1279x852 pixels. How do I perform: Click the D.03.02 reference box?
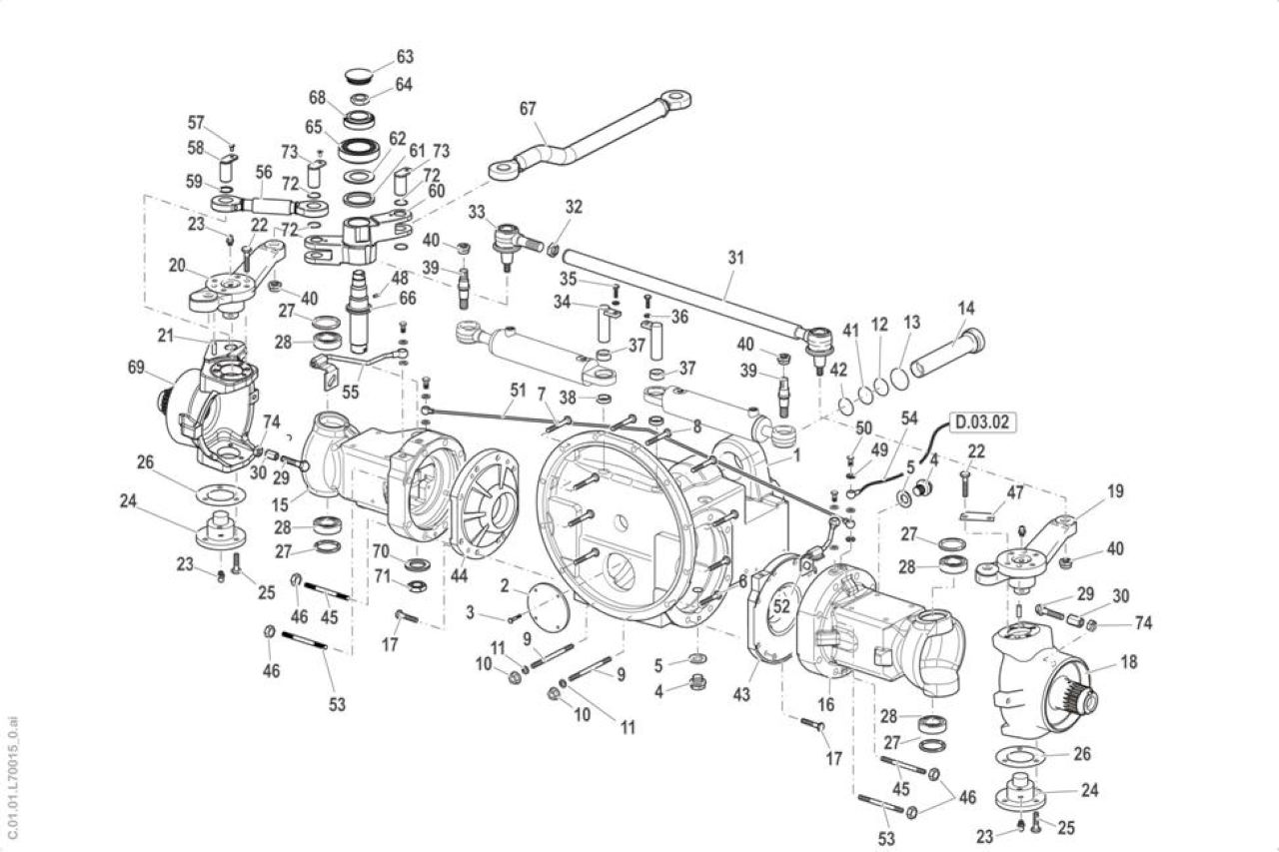983,423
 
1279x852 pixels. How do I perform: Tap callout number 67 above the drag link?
528,109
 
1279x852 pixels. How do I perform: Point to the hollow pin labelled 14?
948,352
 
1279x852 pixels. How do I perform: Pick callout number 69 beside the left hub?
136,368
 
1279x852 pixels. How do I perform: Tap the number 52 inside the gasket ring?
781,605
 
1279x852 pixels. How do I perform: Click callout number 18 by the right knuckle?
1129,662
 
